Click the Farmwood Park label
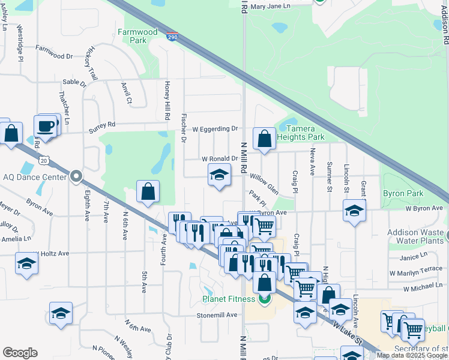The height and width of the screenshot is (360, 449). (x=137, y=36)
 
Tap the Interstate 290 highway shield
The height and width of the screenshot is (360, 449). (x=172, y=36)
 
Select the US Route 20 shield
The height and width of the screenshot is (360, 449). (x=44, y=160)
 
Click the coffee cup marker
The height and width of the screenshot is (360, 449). (x=46, y=126)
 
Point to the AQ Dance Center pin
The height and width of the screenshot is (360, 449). (x=76, y=176)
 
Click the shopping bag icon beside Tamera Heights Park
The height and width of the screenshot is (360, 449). (x=264, y=139)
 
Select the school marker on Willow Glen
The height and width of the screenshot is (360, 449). (x=219, y=175)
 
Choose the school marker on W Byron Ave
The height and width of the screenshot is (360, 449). (x=354, y=211)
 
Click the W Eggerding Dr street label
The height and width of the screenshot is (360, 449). (x=215, y=128)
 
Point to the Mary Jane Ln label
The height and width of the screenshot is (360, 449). (x=270, y=6)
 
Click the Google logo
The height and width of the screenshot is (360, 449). (x=20, y=353)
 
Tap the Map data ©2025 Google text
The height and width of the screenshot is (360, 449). (x=412, y=356)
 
